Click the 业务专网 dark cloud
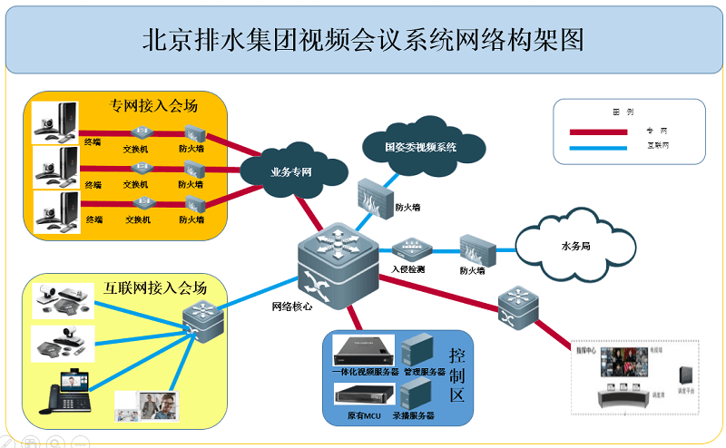[x=293, y=169]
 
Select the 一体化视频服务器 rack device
[x=363, y=349]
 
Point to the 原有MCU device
[x=362, y=394]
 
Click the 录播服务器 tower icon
[x=415, y=394]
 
